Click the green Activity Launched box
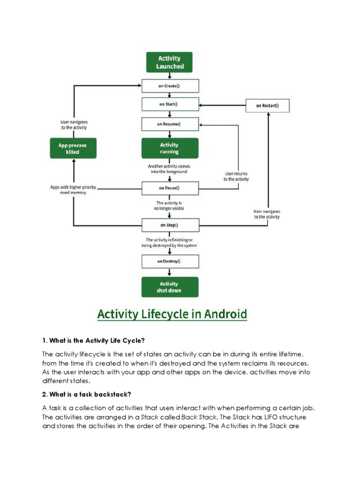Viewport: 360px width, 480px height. (170, 62)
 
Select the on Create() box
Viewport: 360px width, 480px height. (170, 86)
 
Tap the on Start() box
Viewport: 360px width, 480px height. (170, 104)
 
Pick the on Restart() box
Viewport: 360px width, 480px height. (268, 105)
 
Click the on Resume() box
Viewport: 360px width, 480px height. (170, 125)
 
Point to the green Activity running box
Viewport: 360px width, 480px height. (170, 148)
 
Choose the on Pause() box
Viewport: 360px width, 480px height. (170, 188)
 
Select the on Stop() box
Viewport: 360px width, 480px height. (170, 225)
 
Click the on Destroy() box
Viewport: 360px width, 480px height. (170, 261)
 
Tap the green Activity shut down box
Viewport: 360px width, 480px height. (170, 287)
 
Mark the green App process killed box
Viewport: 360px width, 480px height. (73, 148)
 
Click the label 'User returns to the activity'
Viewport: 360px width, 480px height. (236, 176)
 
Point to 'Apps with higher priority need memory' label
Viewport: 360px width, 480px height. (73, 190)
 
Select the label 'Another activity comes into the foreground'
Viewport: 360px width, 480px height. (169, 169)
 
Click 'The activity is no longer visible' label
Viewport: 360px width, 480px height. (169, 206)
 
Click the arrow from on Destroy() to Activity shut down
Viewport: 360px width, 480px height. (170, 272)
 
